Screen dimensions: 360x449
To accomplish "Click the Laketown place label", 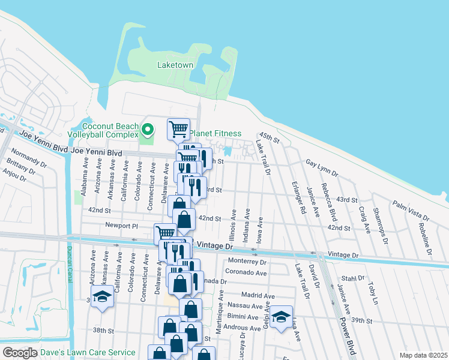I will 175,64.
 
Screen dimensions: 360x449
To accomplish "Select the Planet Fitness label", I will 215,133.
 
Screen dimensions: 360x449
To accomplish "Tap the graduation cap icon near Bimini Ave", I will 280,316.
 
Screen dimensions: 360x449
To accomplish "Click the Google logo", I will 20,353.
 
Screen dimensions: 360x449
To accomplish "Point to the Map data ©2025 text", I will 423,355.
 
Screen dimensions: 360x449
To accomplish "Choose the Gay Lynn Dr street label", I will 321,167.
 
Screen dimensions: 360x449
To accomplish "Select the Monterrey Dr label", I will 247,262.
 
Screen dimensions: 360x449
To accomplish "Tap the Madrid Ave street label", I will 258,295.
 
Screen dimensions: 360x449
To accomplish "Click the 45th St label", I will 270,137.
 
